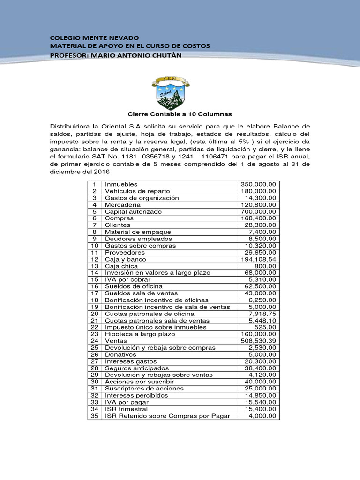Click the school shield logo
[x=171, y=91]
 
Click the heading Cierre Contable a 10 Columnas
[x=180, y=114]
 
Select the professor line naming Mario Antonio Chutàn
[x=115, y=56]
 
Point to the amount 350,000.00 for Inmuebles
[x=259, y=184]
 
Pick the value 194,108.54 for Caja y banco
[x=259, y=259]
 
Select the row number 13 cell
[x=95, y=266]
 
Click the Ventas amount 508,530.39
[x=259, y=341]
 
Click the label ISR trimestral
[x=126, y=409]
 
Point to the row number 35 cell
[x=95, y=416]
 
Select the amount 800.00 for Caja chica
[x=268, y=266]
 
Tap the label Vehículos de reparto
[x=137, y=191]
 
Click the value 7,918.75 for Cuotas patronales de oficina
[x=263, y=314]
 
